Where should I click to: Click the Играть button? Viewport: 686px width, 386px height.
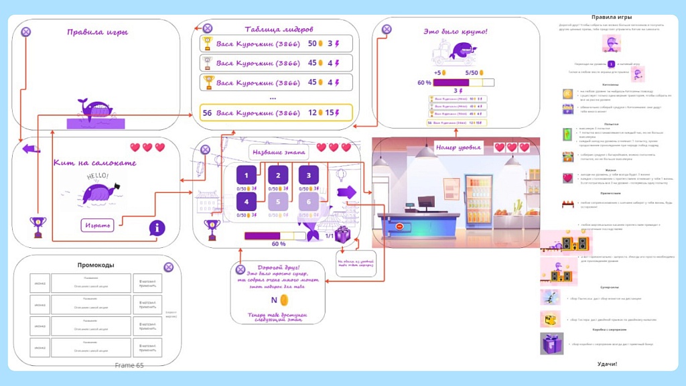[98, 224]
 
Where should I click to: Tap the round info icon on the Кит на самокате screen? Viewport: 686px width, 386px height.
[157, 229]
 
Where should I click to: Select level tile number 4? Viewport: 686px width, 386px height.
[247, 201]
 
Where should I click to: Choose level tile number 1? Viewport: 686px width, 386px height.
[247, 176]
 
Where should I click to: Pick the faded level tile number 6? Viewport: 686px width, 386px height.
[309, 201]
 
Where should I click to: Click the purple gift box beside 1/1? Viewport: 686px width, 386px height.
[343, 235]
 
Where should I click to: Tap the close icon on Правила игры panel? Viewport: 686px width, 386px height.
[25, 31]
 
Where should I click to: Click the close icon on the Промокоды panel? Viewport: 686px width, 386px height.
[168, 267]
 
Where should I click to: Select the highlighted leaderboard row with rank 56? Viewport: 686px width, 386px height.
[277, 113]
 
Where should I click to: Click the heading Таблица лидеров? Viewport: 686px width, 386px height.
[279, 29]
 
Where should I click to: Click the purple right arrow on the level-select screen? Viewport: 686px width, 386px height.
[347, 192]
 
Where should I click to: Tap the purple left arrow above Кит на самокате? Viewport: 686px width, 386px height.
[30, 148]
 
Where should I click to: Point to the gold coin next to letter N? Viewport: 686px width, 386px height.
[284, 300]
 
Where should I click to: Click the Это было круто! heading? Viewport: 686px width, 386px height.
[456, 31]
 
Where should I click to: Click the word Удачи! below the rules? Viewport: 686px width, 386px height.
[607, 364]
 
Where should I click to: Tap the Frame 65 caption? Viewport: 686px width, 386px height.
[129, 365]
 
